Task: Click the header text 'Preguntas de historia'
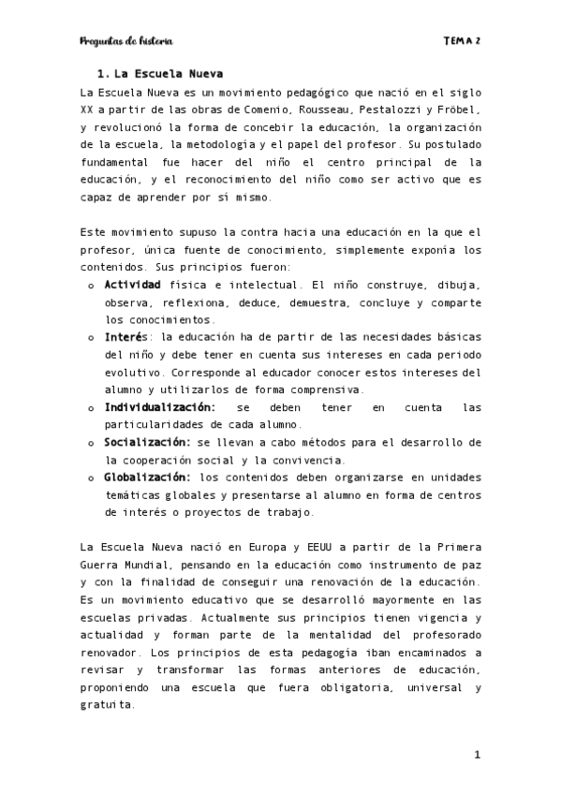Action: [x=126, y=41]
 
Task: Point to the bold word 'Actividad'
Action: [x=133, y=284]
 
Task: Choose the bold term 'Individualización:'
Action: [x=159, y=407]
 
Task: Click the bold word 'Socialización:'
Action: [x=145, y=442]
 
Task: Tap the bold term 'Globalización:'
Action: [x=148, y=477]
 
